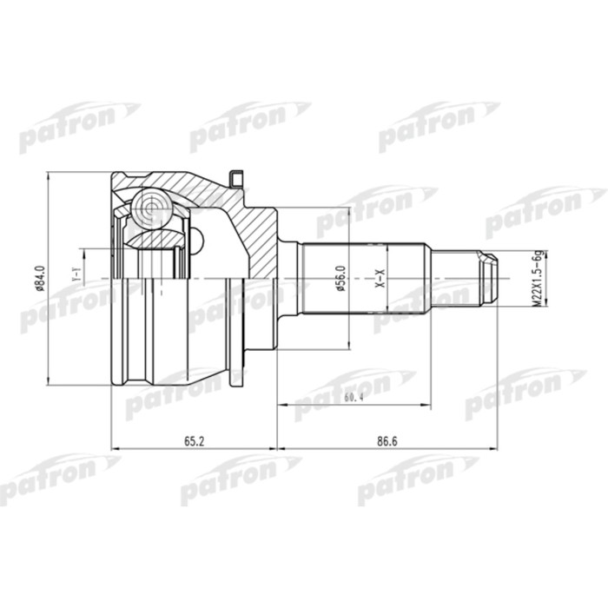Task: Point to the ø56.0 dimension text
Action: click(x=340, y=279)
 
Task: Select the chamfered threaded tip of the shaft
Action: click(x=490, y=278)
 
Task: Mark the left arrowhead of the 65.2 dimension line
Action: click(x=116, y=449)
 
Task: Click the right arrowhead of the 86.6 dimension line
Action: click(x=495, y=449)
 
